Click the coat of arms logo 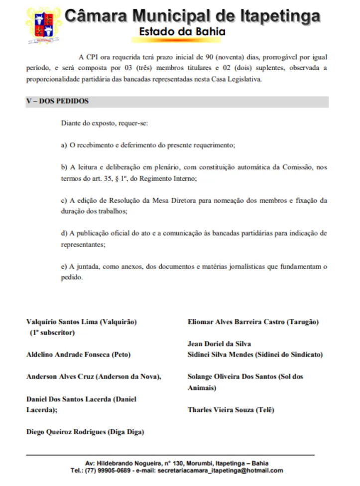point(44,25)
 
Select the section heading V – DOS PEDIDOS point(57,102)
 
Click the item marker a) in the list point(64,145)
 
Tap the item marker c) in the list point(64,201)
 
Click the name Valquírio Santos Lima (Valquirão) point(81,322)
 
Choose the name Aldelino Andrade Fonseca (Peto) point(78,355)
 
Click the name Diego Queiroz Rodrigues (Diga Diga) point(85,432)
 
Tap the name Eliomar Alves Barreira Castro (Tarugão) point(253,322)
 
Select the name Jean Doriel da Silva point(219,344)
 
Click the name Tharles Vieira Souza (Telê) point(231,410)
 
